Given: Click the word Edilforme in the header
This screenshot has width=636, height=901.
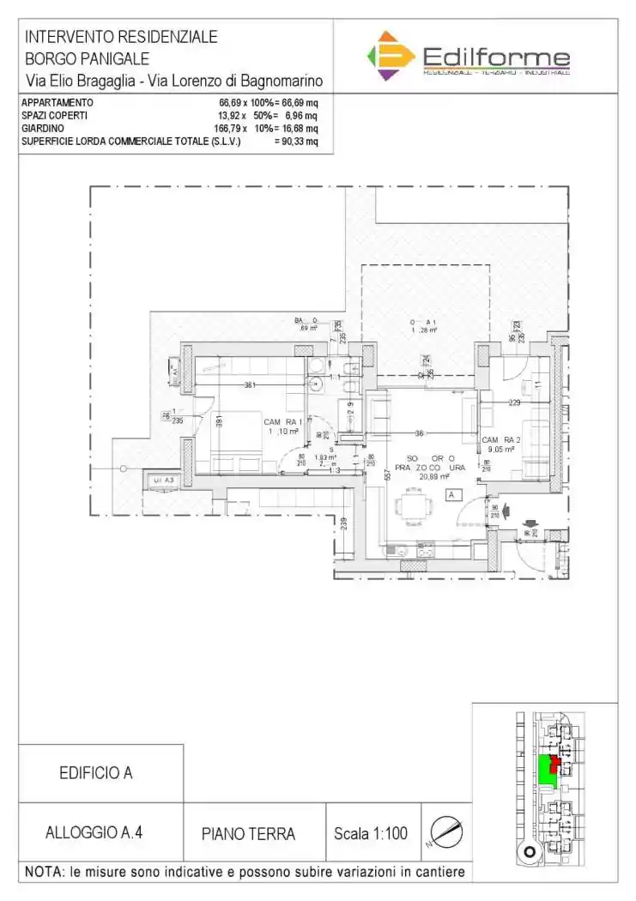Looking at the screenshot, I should (x=497, y=57).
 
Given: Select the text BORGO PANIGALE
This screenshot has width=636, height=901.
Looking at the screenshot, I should (x=87, y=59).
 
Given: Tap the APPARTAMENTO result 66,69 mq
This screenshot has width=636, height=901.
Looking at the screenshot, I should (x=298, y=103).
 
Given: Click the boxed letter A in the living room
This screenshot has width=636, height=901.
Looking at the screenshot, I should (x=451, y=495).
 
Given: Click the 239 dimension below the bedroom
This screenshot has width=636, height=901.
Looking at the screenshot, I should (x=344, y=523).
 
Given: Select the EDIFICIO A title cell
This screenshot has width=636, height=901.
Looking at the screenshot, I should (x=95, y=773).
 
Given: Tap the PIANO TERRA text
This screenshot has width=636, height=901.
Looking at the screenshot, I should (x=248, y=833).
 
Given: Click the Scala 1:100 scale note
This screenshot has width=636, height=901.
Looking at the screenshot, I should (x=370, y=833).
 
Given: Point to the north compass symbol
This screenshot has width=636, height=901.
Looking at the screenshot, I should (x=446, y=831).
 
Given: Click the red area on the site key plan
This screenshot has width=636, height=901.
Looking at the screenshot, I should (x=555, y=760).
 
